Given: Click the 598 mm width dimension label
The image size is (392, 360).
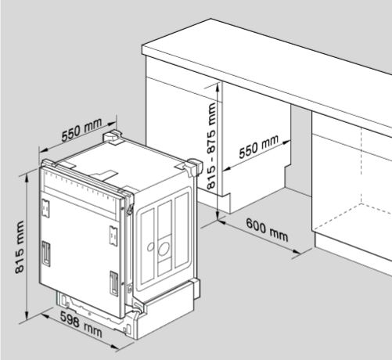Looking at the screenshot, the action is click(x=81, y=324).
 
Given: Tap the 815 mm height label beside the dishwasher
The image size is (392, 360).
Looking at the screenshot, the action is click(x=20, y=247).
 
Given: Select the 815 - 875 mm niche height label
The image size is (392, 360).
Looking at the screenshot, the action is click(x=211, y=146).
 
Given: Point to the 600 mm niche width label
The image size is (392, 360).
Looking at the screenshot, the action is click(x=267, y=230).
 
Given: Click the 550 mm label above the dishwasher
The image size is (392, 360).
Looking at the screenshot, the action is click(x=81, y=130).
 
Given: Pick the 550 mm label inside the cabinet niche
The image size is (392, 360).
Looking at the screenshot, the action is click(x=258, y=146).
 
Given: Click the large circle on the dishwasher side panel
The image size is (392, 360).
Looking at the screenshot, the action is click(x=164, y=249).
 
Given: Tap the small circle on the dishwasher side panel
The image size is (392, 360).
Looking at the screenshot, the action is click(x=150, y=247).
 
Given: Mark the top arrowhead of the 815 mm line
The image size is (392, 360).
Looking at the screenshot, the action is click(x=26, y=178).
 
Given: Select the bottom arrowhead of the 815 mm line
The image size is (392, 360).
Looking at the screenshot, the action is click(x=27, y=315).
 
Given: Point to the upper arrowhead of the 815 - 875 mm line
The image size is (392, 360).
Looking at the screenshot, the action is click(x=218, y=87).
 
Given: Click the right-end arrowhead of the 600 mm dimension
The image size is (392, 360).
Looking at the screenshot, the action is click(x=297, y=251).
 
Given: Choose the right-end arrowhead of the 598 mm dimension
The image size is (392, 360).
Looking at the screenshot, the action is click(x=115, y=347).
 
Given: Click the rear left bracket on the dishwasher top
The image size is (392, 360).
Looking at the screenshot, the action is click(x=113, y=137).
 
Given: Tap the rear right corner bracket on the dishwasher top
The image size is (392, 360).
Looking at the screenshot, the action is click(x=195, y=167).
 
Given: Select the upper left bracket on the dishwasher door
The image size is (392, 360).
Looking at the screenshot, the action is click(x=45, y=208).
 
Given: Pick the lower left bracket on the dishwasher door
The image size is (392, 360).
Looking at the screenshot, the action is click(x=46, y=254).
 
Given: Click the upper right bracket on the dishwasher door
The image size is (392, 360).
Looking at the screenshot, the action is click(x=113, y=236).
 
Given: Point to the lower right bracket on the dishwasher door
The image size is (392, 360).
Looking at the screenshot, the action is click(x=113, y=283).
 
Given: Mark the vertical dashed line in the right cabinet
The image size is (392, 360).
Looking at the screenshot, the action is click(x=361, y=165).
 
